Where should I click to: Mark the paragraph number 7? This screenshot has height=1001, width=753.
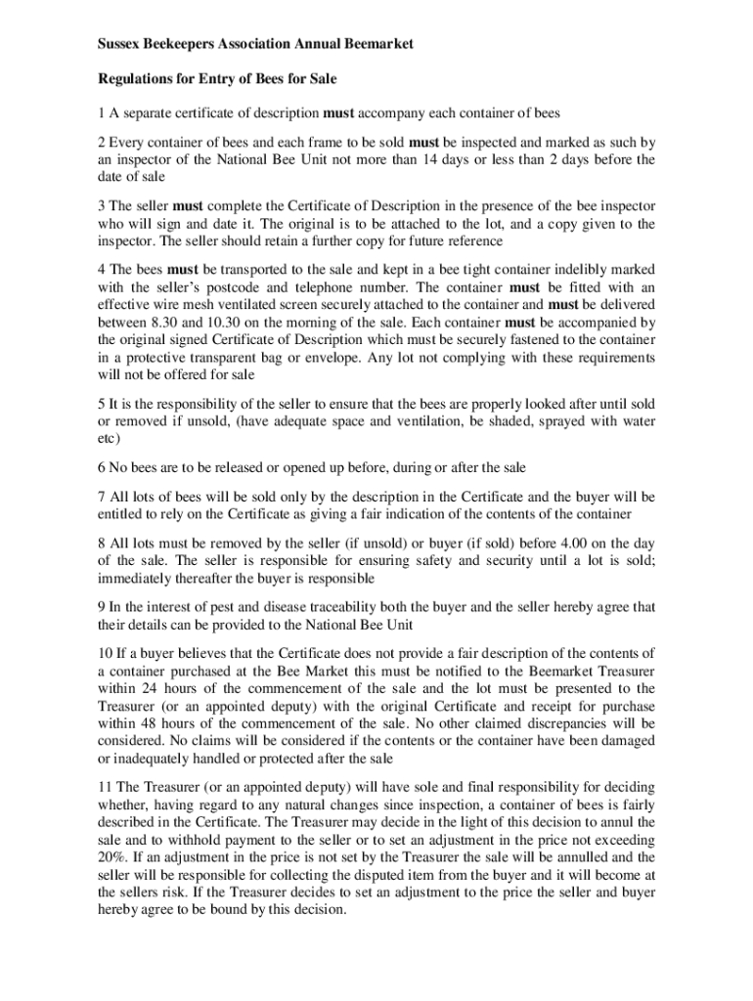102,497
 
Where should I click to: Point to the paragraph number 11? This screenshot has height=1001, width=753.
105,787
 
